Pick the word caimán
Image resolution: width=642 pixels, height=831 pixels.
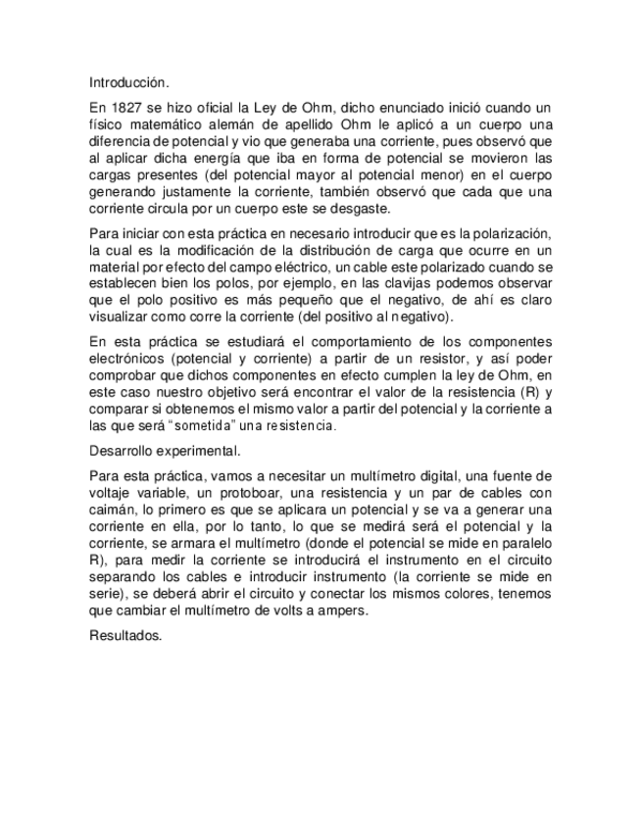pyautogui.click(x=110, y=510)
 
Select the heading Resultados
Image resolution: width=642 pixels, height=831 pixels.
pyautogui.click(x=124, y=636)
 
